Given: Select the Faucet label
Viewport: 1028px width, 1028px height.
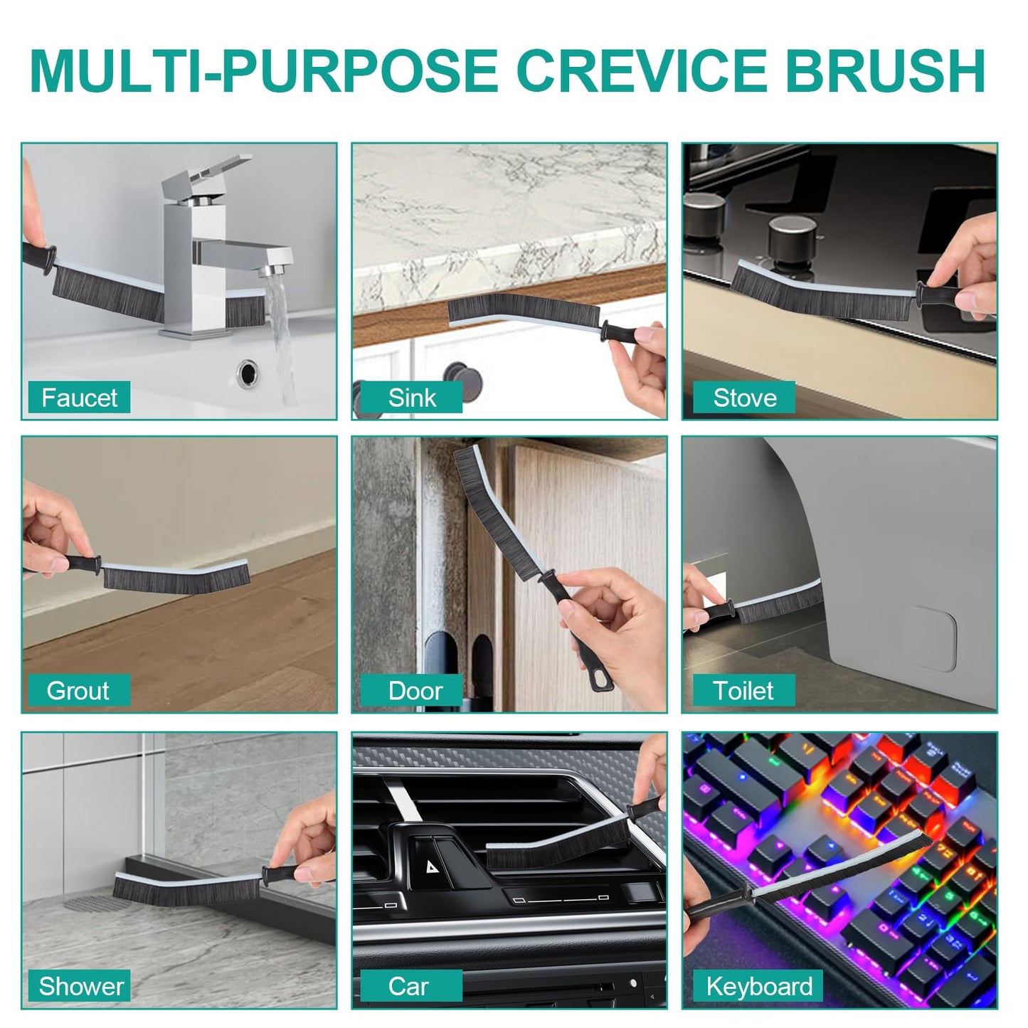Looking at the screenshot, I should [x=79, y=398].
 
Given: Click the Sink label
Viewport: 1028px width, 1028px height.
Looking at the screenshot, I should [x=411, y=398].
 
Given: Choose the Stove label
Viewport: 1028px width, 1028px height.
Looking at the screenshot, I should [x=744, y=398].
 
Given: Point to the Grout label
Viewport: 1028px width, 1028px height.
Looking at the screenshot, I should [x=78, y=691].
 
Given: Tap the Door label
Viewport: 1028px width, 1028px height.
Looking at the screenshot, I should [x=415, y=691].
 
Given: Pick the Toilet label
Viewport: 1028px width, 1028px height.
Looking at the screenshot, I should [x=743, y=691].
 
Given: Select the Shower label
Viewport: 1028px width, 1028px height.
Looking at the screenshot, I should [x=80, y=986].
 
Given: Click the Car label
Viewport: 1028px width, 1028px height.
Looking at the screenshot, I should [x=408, y=986].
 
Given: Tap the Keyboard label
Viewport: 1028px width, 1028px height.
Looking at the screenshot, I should [x=758, y=986].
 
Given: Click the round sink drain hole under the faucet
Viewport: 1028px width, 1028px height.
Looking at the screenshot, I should [x=248, y=372].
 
